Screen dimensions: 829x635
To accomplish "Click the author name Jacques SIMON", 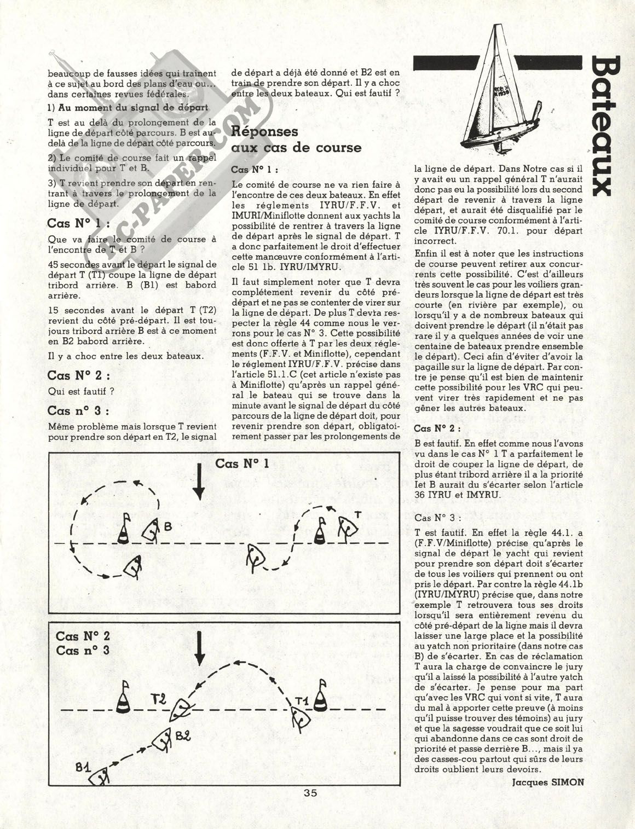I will click(x=548, y=781).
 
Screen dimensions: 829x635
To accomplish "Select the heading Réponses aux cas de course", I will click(x=296, y=139).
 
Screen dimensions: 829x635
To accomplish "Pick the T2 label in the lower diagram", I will click(x=159, y=699).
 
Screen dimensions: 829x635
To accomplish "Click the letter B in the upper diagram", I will click(x=168, y=526).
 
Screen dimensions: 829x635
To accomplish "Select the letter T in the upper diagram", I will click(x=357, y=514).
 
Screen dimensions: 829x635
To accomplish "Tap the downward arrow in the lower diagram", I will click(x=199, y=649).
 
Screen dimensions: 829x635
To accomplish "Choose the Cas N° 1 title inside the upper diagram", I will click(x=241, y=463).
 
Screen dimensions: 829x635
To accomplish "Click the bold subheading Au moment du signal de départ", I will click(x=128, y=107).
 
